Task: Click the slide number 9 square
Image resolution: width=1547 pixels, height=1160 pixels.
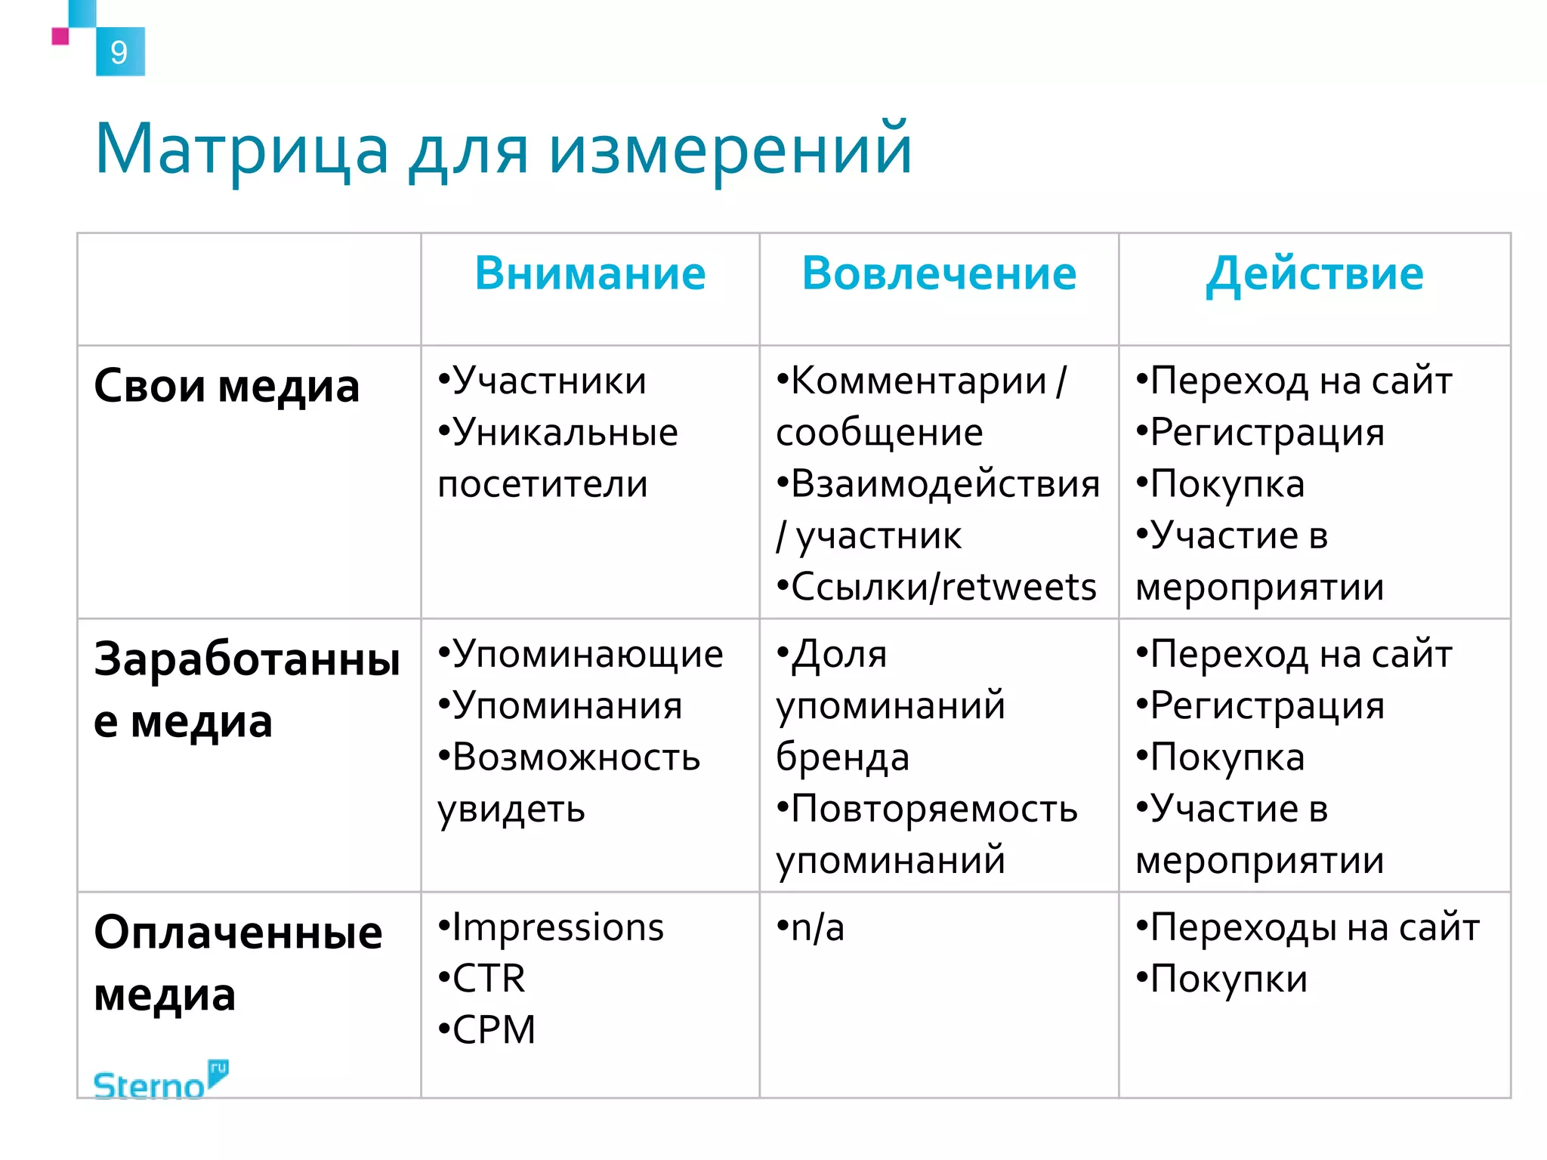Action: click(120, 51)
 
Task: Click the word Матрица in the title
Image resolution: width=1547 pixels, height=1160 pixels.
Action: click(242, 150)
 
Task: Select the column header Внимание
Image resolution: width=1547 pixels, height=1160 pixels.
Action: click(590, 273)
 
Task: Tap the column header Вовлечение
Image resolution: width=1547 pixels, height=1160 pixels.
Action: click(939, 273)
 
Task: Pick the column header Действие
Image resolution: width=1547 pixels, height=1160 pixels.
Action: click(1314, 273)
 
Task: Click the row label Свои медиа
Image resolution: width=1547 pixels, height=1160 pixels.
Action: click(227, 386)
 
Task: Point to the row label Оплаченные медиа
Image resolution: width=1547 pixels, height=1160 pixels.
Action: click(238, 962)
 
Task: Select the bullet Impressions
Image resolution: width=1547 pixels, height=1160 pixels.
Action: click(557, 927)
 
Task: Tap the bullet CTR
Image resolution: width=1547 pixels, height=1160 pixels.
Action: click(489, 979)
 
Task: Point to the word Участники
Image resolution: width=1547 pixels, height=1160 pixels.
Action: click(549, 381)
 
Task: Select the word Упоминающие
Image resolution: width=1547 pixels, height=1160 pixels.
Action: click(588, 654)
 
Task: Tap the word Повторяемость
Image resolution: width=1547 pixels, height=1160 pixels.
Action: click(934, 809)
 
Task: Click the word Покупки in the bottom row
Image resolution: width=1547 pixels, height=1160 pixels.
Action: click(1228, 980)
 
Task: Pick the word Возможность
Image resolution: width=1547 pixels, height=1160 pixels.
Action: click(576, 757)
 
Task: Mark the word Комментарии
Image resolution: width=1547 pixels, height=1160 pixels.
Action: click(919, 381)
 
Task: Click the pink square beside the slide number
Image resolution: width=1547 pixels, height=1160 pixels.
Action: click(60, 36)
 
